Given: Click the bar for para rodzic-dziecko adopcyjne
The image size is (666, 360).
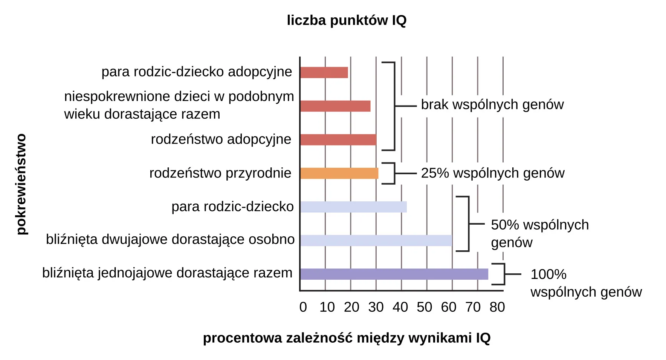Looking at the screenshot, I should coord(324,72).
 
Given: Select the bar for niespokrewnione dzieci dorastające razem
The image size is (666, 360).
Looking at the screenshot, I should coord(335,106).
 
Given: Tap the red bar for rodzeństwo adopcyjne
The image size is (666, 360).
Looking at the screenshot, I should coord(338,139).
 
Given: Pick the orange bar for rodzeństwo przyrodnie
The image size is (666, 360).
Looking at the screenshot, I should coord(339,173).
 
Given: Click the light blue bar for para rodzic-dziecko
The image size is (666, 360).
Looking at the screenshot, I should coord(353,207).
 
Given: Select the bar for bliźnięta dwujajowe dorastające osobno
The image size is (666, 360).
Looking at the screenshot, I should coord(376,241).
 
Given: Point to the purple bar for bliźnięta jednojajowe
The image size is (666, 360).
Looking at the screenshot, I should coord(394,274).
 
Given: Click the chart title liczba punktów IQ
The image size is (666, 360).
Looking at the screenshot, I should coord(347,20).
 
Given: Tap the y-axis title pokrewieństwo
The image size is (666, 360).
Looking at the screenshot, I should coord(21,184).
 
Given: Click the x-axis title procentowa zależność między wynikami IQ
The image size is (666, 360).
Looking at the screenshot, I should coord(347,338).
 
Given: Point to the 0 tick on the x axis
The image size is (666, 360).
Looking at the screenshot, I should coord(303,307).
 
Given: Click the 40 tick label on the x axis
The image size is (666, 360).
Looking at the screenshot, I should coord(400,307).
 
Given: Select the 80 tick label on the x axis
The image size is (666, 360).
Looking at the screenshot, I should coord(497,307).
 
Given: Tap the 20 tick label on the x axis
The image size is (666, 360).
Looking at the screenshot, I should coord(351,307).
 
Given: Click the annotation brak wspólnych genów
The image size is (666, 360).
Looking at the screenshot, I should coord(492,104).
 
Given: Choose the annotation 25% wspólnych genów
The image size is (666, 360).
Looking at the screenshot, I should coord(493,173).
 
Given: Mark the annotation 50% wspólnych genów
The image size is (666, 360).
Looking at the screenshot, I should coord(539,233).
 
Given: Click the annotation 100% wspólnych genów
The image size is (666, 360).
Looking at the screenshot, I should coord(586,283).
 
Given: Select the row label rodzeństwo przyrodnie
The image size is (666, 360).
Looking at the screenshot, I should coord(220,173).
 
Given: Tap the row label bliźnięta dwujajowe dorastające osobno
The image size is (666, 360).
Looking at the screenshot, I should coord(170,239).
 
